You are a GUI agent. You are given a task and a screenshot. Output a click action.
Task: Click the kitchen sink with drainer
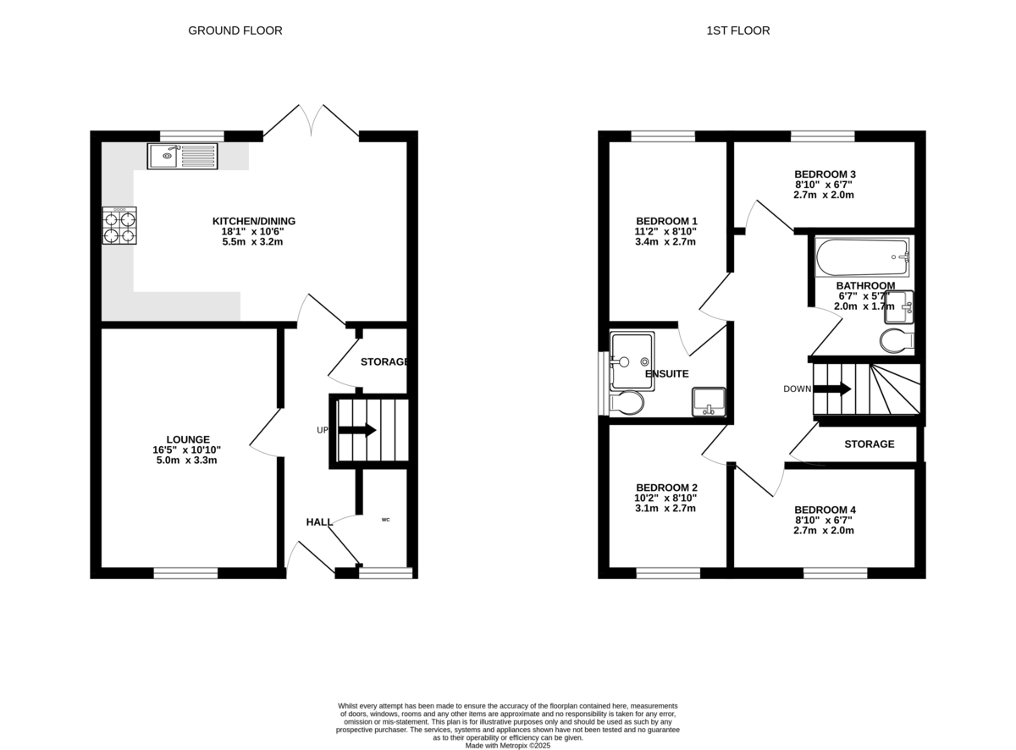coord(182,156)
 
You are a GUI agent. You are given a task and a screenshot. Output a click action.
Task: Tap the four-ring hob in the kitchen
coord(119,225)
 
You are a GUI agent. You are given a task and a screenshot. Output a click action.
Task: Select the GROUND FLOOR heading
coord(235,30)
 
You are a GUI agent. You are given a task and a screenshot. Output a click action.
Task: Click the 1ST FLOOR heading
coord(737,30)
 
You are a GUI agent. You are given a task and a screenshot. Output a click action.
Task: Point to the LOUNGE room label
coord(188,439)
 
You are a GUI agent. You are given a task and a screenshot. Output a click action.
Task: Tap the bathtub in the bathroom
coord(862,256)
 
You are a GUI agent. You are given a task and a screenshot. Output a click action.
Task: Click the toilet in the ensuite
coord(627,402)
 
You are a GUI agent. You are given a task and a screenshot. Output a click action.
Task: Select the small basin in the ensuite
coord(708,402)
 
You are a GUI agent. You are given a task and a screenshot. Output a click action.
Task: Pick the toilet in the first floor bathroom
coord(897,340)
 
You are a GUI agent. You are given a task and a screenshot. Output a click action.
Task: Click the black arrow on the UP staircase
coord(357,430)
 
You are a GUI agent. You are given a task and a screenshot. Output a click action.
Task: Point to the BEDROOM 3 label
coord(825,174)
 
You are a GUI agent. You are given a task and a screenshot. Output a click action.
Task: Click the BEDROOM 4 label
coord(825,510)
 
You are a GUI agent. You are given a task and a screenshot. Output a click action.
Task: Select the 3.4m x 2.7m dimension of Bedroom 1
coord(665,241)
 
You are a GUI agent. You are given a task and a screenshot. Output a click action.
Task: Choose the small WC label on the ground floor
coord(386,520)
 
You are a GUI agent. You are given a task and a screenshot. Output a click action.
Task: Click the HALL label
coord(319,521)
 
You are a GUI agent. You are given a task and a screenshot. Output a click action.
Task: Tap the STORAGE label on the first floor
coord(869,444)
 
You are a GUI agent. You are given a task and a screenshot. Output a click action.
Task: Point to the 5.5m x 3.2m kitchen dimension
coord(252,241)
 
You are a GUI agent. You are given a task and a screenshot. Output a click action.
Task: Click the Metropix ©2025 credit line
coord(507,746)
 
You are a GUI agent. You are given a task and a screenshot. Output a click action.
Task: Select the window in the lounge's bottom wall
coord(185,573)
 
